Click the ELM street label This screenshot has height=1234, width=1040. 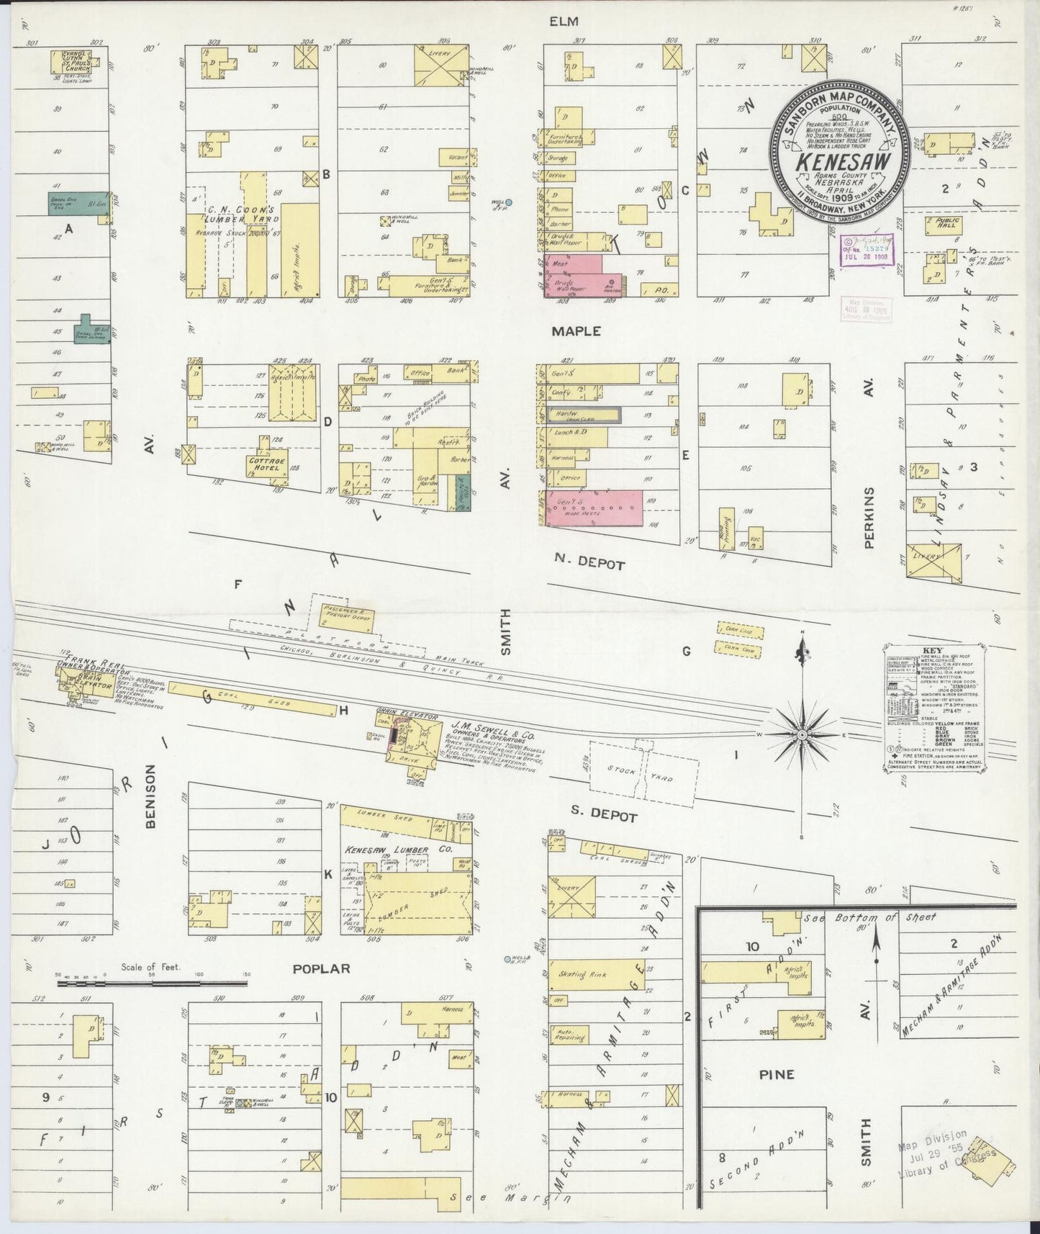click(x=564, y=22)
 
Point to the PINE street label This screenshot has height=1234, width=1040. click(x=777, y=1074)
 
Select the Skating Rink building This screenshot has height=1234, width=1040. click(x=596, y=975)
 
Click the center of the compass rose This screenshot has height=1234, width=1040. click(x=802, y=734)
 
